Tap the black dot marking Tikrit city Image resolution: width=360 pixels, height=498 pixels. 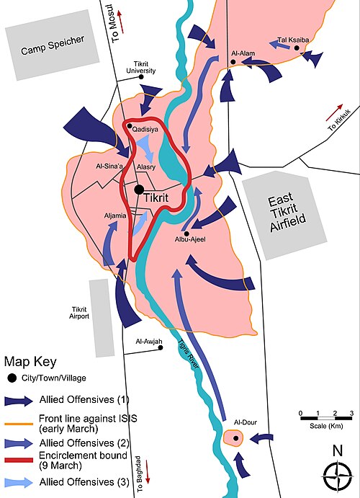pyautogui.click(x=139, y=190)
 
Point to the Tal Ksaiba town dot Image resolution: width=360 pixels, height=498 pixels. pyautogui.click(x=297, y=48)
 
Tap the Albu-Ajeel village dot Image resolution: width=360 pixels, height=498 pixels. pyautogui.click(x=186, y=234)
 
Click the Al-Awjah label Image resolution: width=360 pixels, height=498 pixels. pyautogui.click(x=149, y=342)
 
